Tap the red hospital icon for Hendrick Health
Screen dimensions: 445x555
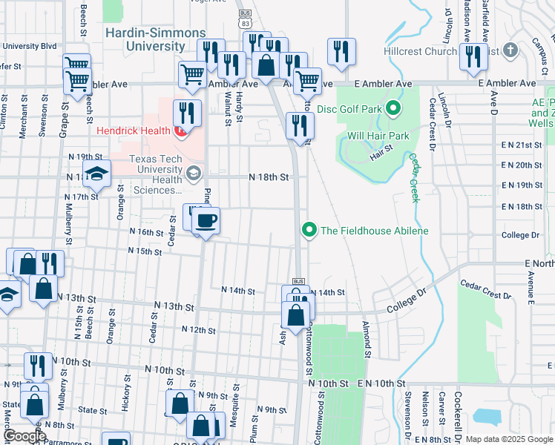[179, 133]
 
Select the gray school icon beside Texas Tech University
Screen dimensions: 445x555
[194, 174]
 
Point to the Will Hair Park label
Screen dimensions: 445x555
[378, 136]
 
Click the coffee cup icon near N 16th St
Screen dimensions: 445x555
[206, 220]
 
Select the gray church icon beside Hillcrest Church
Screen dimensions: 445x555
[509, 50]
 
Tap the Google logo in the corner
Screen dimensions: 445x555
[25, 436]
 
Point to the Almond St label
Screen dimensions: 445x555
[366, 336]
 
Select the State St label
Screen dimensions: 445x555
[93, 410]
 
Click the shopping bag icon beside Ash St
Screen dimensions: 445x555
[295, 314]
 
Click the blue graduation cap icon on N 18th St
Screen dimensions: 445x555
[96, 175]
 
